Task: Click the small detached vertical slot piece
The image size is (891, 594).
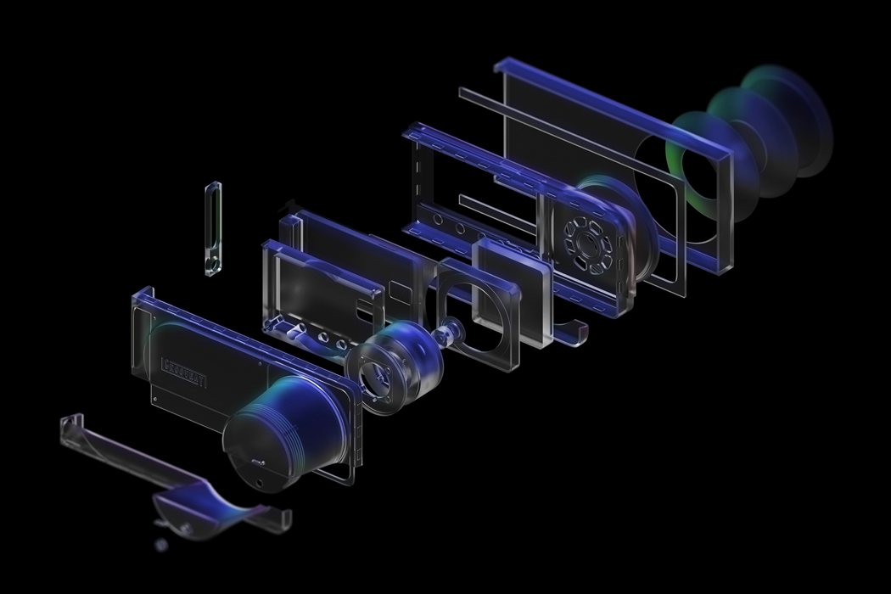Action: coord(213,228)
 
